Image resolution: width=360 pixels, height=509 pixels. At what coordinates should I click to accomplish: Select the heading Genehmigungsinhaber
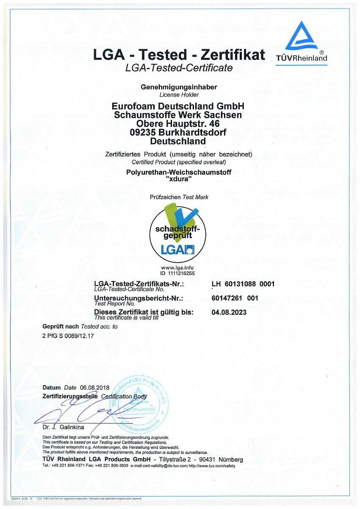(179, 87)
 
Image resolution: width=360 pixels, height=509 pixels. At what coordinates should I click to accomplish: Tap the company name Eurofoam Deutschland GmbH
(178, 106)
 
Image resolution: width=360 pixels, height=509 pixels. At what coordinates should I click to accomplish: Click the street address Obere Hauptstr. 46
(178, 123)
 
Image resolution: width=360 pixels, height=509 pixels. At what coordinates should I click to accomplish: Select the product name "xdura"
(178, 179)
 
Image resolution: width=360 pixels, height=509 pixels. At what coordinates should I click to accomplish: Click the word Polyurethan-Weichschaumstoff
(178, 172)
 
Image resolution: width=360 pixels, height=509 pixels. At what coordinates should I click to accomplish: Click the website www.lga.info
(178, 268)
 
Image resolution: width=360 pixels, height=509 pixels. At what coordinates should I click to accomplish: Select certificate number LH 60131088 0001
(243, 284)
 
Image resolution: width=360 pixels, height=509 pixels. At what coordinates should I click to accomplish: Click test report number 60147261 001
(235, 298)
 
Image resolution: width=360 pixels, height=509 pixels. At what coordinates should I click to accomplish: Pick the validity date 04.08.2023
(229, 312)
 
